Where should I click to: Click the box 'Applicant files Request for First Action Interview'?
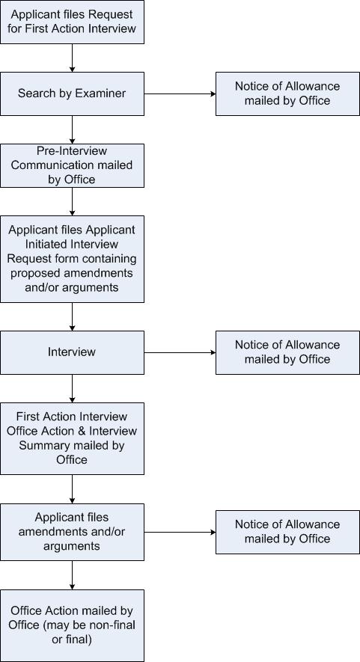pyautogui.click(x=73, y=22)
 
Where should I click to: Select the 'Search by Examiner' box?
pyautogui.click(x=73, y=94)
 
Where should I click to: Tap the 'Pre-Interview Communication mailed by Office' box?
pyautogui.click(x=73, y=165)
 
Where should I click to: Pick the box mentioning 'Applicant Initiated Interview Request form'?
pyautogui.click(x=73, y=259)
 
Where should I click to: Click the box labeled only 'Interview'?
pyautogui.click(x=73, y=352)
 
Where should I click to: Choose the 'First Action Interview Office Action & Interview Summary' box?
pyautogui.click(x=73, y=438)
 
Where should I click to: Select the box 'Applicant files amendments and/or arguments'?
pyautogui.click(x=73, y=532)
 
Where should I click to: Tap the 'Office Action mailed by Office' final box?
pyautogui.click(x=73, y=625)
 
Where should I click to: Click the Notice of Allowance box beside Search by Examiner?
pyautogui.click(x=287, y=94)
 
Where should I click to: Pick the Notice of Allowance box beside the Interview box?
pyautogui.click(x=287, y=352)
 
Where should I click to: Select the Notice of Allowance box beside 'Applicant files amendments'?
pyautogui.click(x=287, y=532)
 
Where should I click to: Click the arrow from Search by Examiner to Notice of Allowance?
pyautogui.click(x=180, y=94)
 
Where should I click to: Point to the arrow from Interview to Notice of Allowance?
pyautogui.click(x=180, y=352)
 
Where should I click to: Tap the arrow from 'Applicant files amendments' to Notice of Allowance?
pyautogui.click(x=180, y=532)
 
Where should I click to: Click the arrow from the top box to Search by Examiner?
pyautogui.click(x=73, y=58)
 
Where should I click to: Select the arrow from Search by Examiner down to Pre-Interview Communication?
pyautogui.click(x=73, y=129)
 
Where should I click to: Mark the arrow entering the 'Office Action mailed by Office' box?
pyautogui.click(x=73, y=575)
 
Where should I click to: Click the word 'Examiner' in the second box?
pyautogui.click(x=100, y=94)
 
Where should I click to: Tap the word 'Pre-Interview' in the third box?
pyautogui.click(x=73, y=150)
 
